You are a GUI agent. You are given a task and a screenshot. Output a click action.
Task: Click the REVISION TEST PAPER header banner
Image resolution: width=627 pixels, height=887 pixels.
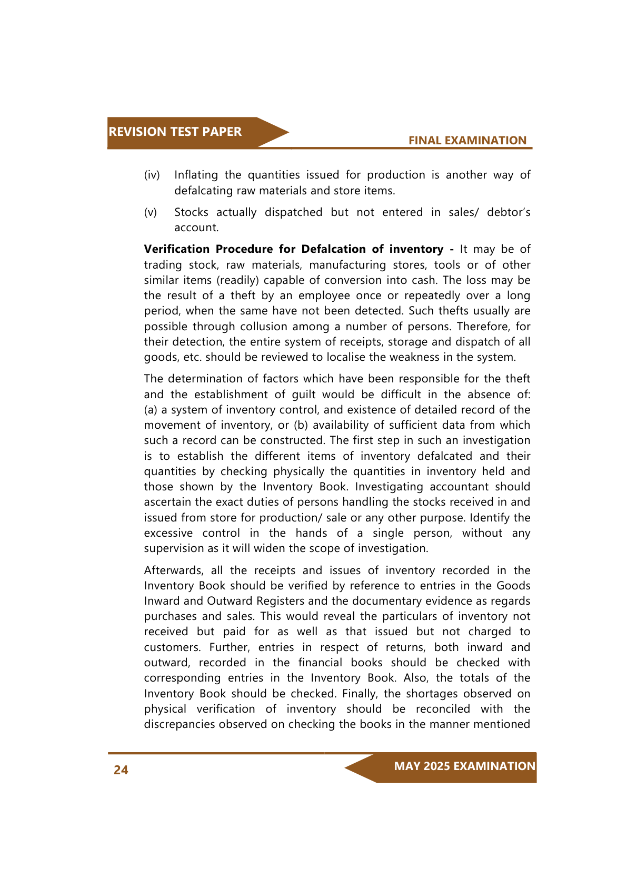(x=175, y=132)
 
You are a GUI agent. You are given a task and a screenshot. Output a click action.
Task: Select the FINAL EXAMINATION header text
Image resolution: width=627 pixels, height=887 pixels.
(x=467, y=141)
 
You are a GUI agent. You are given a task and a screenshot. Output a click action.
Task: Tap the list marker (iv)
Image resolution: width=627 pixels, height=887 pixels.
(x=152, y=175)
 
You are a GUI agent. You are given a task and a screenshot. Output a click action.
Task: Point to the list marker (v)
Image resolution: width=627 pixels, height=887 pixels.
(x=151, y=212)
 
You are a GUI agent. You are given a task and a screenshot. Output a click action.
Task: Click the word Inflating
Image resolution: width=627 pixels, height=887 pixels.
(x=196, y=175)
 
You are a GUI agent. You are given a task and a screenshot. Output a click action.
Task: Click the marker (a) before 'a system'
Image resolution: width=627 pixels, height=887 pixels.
(x=151, y=410)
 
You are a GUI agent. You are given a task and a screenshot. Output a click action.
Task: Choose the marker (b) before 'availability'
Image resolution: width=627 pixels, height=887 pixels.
(x=301, y=425)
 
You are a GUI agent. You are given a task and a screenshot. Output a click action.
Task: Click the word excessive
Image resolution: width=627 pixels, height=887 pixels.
(x=168, y=533)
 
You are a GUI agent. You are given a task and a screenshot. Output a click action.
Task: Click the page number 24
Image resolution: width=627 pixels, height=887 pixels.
(x=121, y=770)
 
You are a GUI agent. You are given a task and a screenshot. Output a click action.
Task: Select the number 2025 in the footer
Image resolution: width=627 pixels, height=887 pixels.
(x=436, y=766)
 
